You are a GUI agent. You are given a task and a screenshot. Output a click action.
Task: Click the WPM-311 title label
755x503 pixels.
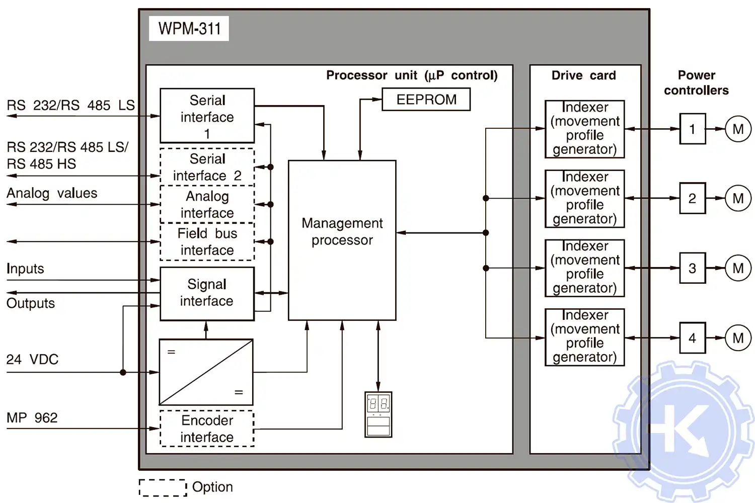coord(189,29)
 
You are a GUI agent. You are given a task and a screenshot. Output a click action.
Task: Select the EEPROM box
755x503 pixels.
coord(426,100)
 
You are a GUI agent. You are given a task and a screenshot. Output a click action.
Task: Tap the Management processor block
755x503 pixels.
coord(342,240)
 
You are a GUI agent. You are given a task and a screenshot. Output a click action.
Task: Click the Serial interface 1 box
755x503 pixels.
coord(207,116)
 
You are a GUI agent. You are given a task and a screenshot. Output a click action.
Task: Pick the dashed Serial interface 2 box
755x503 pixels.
coord(207,167)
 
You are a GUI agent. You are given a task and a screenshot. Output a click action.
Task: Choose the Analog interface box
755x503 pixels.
coord(207,204)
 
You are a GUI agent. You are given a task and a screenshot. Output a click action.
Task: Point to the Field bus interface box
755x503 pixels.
coord(207,241)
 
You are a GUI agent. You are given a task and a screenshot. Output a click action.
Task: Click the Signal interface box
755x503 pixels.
coord(207,293)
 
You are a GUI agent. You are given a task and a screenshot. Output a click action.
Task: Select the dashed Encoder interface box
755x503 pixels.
coord(207,429)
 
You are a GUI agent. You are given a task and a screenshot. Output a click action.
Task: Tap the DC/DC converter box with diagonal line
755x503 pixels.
coord(206,372)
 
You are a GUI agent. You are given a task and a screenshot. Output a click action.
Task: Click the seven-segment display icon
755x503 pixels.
coord(378,414)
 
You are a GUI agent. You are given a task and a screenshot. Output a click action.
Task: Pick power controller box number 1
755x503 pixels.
coord(692,129)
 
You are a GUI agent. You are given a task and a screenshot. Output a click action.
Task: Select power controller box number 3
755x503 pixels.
coord(692,268)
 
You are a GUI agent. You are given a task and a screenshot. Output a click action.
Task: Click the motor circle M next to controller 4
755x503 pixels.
coord(738,338)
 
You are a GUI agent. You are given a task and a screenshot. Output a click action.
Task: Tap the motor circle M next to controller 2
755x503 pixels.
coord(738,199)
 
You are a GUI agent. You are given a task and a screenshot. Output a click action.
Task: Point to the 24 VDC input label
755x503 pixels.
coord(32,360)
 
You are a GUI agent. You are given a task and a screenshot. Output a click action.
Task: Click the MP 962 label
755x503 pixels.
coord(32,418)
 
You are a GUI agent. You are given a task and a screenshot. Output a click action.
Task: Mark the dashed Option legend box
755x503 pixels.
coord(163,487)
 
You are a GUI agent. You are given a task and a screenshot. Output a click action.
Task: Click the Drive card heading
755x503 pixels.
coord(583,75)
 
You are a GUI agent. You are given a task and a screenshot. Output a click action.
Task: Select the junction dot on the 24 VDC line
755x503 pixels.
coord(123,372)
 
